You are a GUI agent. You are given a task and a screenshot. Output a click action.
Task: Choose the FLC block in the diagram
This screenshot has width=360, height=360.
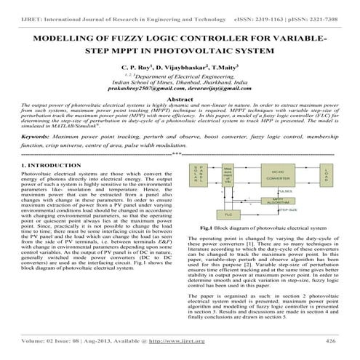[x=228, y=215]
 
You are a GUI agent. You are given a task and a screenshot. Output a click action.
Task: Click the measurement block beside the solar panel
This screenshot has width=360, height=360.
[x=228, y=176]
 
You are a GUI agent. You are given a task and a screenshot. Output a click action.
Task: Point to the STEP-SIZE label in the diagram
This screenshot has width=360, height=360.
[x=286, y=209]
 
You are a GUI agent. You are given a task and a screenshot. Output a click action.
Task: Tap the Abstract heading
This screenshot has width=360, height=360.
[x=180, y=97]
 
